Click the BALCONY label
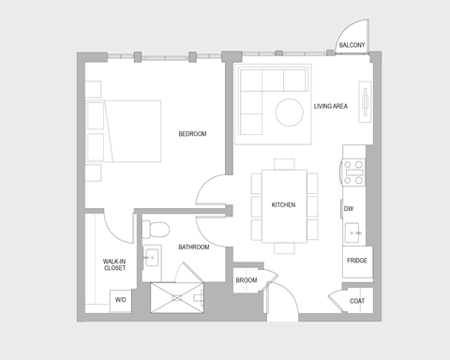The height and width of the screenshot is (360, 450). coord(352,44)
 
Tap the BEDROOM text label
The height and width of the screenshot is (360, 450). coord(192,134)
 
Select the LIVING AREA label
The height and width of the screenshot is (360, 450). coord(331,107)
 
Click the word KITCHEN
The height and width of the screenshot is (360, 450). coord(284,205)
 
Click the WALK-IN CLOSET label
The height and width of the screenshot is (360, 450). coord(114,264)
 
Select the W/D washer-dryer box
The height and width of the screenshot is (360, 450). coord(120,299)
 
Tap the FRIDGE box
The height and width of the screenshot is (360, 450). coord(357,261)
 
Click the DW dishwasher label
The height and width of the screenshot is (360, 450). coord(349,209)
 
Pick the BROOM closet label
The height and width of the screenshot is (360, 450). coord(247,279)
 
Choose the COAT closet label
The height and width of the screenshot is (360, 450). coord(356,301)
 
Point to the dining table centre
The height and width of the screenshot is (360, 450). coord(284,205)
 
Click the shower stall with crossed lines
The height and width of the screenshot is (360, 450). coord(177,296)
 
